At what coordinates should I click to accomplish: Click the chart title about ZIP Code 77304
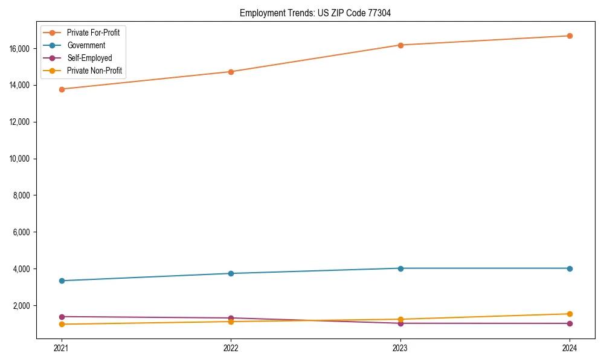[315, 13]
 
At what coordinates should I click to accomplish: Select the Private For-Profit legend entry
[93, 33]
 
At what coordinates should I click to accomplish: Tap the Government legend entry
[86, 45]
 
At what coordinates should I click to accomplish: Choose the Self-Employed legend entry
[89, 58]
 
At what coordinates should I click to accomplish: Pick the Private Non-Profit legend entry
[94, 71]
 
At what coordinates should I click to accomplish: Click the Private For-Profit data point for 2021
[61, 89]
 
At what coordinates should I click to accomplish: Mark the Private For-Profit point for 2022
[231, 72]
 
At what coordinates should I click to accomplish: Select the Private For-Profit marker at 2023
[400, 45]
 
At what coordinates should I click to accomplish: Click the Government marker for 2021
[61, 281]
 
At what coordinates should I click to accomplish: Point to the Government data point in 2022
[231, 273]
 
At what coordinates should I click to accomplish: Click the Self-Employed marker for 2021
[61, 317]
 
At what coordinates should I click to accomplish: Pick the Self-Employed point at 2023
[400, 323]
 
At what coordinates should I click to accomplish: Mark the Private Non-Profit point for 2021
[61, 325]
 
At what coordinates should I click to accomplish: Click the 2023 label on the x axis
[400, 348]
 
